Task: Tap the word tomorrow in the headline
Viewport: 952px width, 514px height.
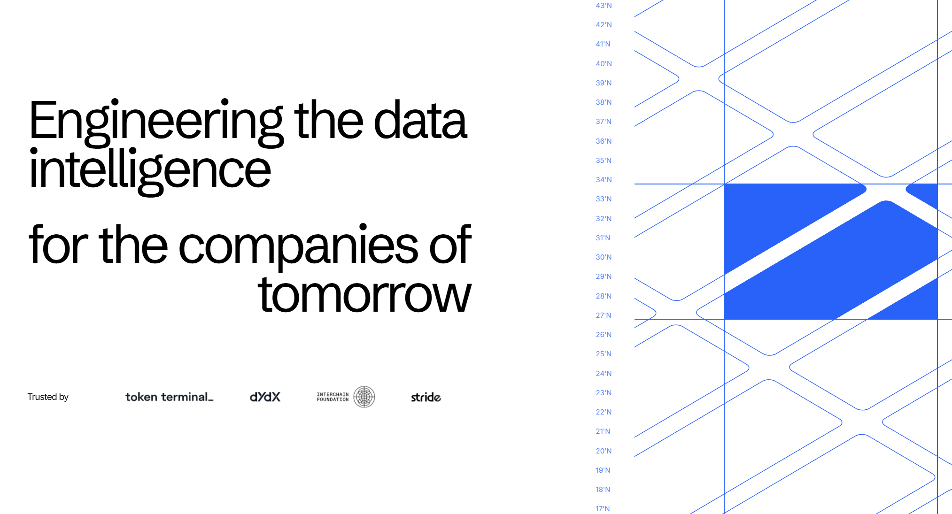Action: coord(364,295)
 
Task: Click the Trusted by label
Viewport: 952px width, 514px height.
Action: coord(48,397)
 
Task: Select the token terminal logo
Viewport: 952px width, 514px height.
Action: coord(170,397)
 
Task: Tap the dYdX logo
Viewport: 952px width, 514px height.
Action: coord(265,397)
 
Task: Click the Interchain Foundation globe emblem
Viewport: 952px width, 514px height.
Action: coord(364,397)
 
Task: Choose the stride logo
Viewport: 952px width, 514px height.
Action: coord(426,397)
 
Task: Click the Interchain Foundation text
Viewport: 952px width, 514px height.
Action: coord(333,397)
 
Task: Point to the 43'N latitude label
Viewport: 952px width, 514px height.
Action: coord(604,6)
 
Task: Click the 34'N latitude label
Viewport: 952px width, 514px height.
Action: coord(604,180)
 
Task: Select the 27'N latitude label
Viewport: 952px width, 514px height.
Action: coord(604,315)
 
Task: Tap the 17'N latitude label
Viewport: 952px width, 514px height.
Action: coord(603,509)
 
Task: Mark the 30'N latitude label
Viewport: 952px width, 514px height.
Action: coord(604,257)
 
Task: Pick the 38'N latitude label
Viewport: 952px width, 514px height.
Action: coord(604,102)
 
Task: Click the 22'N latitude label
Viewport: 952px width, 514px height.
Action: coord(604,412)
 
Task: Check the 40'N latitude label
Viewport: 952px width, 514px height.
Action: coord(604,64)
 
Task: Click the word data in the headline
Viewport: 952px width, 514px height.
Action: coord(420,120)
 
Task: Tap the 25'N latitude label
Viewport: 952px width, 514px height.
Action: coord(604,354)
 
